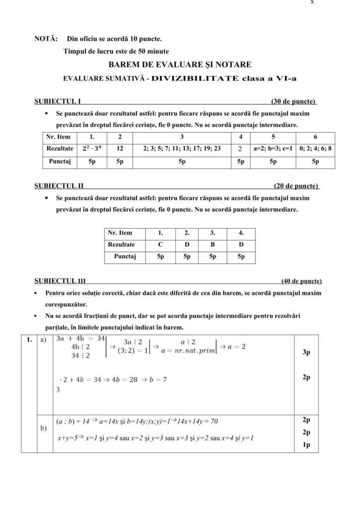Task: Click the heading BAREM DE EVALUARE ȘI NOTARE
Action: (x=180, y=65)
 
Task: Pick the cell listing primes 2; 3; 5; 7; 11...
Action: (x=181, y=148)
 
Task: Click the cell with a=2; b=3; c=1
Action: (x=273, y=148)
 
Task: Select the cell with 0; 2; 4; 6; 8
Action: (x=315, y=148)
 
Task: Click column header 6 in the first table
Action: (x=315, y=137)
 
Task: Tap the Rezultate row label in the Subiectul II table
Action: (x=122, y=245)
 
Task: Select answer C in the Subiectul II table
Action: (x=160, y=245)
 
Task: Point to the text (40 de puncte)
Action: (x=301, y=281)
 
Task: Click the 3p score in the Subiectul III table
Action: (x=306, y=352)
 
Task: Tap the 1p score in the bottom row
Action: (x=306, y=445)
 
